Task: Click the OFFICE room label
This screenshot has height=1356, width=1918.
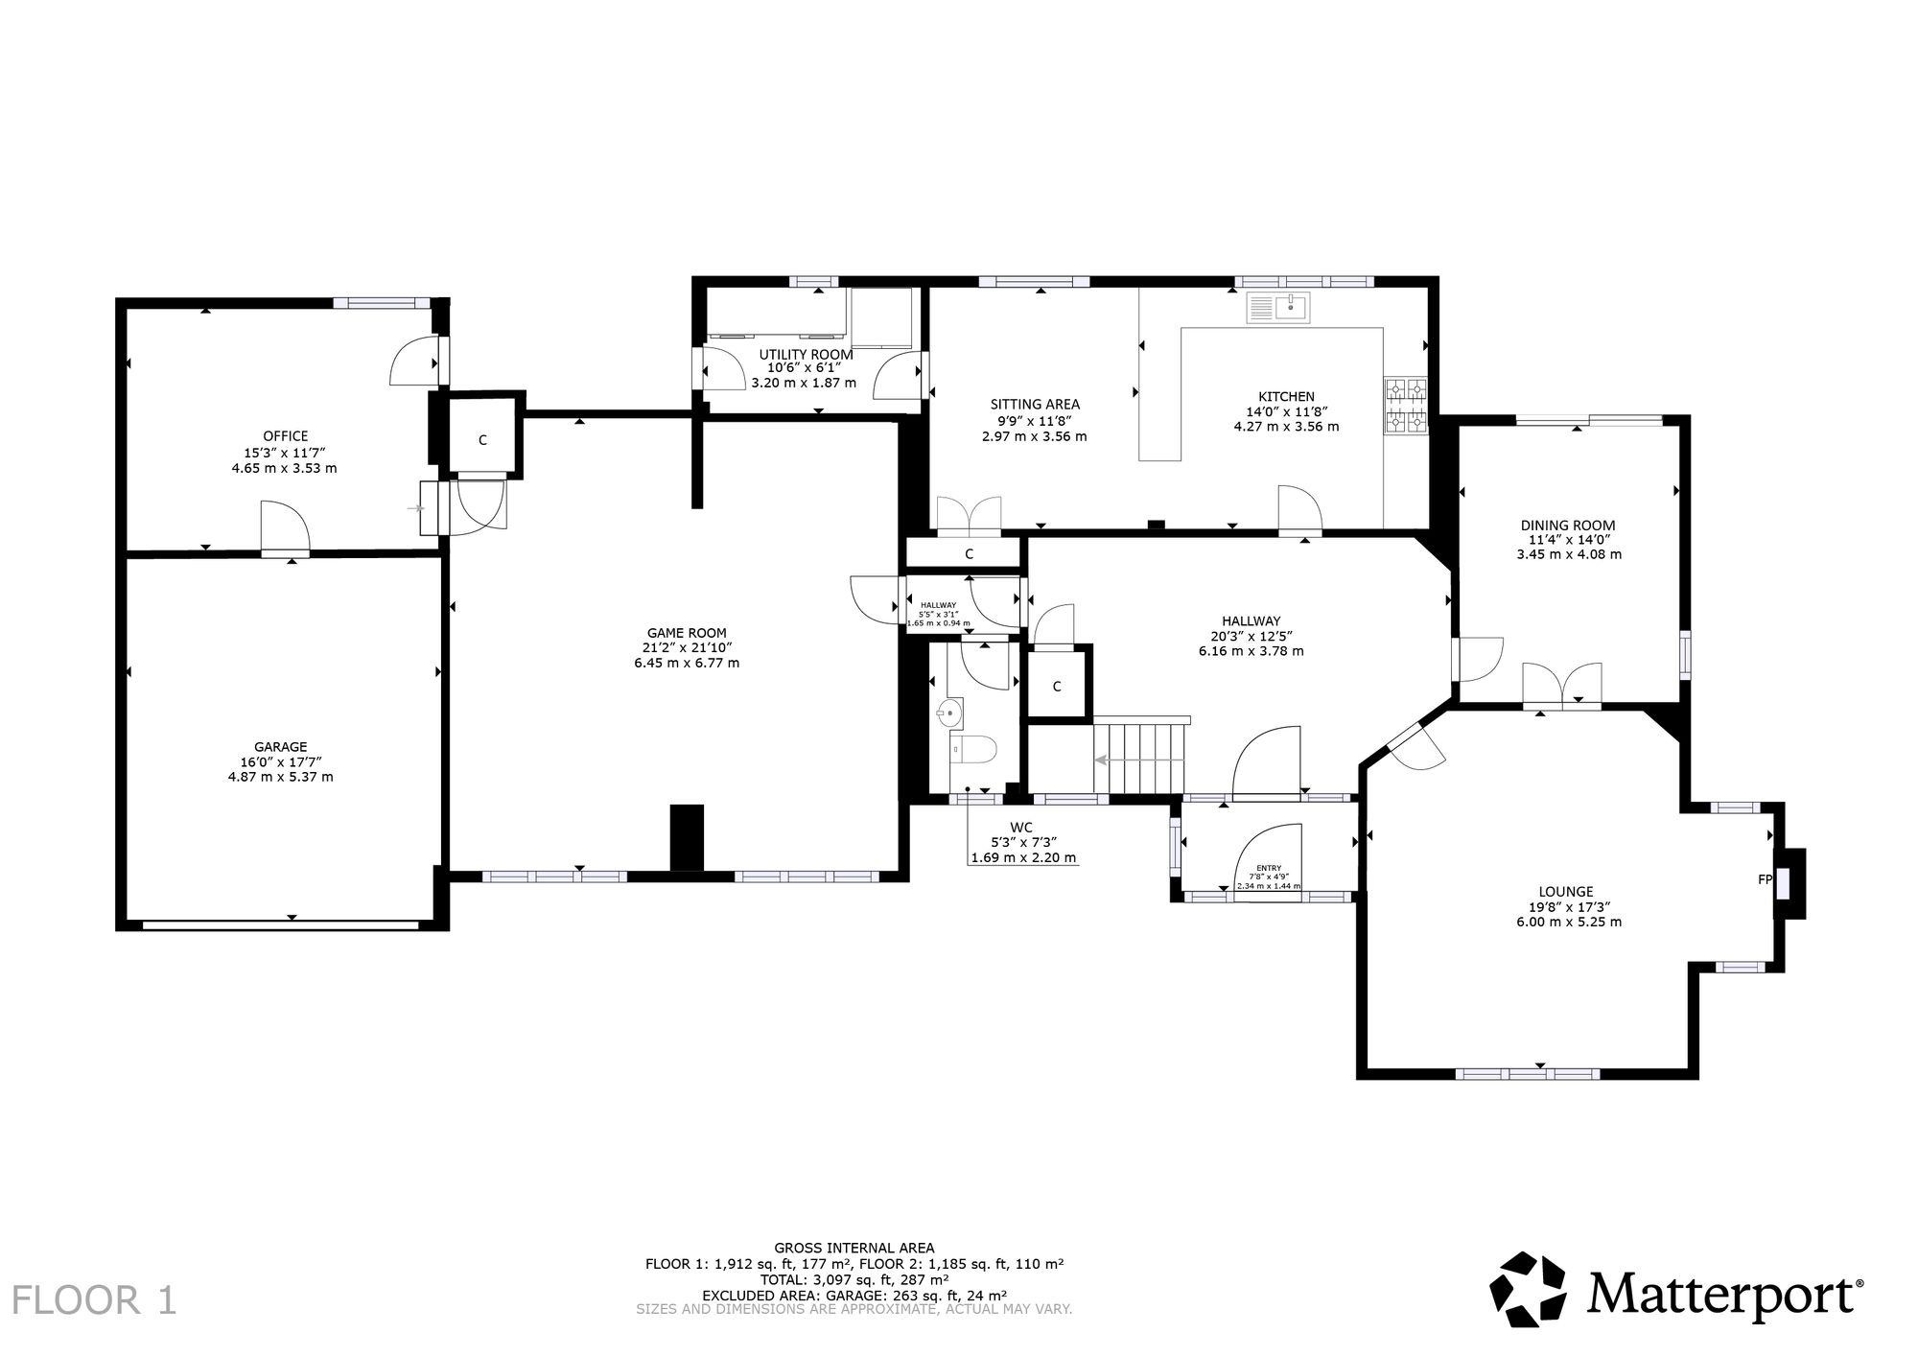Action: coord(286,436)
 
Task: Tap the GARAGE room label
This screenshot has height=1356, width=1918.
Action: coord(280,747)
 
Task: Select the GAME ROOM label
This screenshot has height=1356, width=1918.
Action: coord(687,633)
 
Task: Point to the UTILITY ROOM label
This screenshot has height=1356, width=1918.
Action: coord(806,355)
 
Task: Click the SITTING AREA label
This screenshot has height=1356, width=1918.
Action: coord(1035,405)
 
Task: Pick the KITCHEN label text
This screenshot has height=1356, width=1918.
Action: coord(1286,397)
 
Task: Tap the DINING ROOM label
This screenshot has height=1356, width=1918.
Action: coord(1568,526)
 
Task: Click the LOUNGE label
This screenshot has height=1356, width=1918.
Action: coord(1566,892)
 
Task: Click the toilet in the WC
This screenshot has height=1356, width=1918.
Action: coord(973,749)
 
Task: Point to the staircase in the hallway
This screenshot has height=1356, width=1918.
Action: coord(1140,759)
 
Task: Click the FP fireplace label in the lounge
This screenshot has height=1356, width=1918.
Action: coord(1765,878)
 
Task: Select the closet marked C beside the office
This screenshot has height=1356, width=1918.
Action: coord(483,440)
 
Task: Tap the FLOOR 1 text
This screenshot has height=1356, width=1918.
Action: coord(94,1301)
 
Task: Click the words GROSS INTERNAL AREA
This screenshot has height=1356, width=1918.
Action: coord(854,1249)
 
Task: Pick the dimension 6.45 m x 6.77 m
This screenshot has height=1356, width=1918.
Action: coord(687,663)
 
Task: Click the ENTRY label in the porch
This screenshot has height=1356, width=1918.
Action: coord(1268,869)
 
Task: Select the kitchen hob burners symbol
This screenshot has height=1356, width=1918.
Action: coord(1406,405)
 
